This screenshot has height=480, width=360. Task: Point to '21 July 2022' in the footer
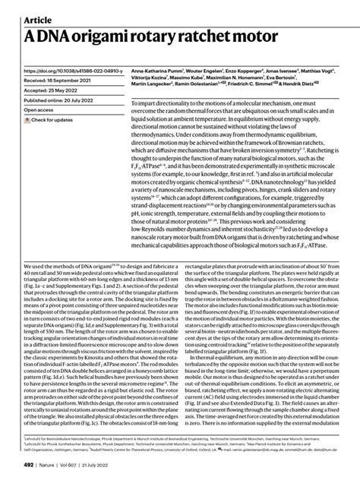coord(87,469)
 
